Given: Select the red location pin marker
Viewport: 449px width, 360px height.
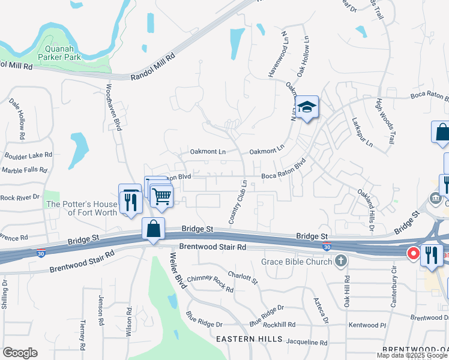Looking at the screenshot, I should (x=414, y=254).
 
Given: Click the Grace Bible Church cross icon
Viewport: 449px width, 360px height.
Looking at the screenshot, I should (x=341, y=261).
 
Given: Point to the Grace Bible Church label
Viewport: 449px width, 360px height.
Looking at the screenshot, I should (x=296, y=262).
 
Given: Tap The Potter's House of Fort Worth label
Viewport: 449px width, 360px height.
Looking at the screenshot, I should (x=82, y=208).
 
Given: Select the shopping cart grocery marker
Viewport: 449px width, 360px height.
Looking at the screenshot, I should (x=161, y=196).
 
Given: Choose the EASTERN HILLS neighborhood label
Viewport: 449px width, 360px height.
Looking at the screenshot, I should (x=250, y=339).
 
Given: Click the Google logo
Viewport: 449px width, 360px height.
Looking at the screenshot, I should (x=20, y=353).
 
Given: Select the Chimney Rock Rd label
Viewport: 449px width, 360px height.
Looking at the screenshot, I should (x=210, y=284).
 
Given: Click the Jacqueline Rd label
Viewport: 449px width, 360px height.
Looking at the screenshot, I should (x=307, y=343).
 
